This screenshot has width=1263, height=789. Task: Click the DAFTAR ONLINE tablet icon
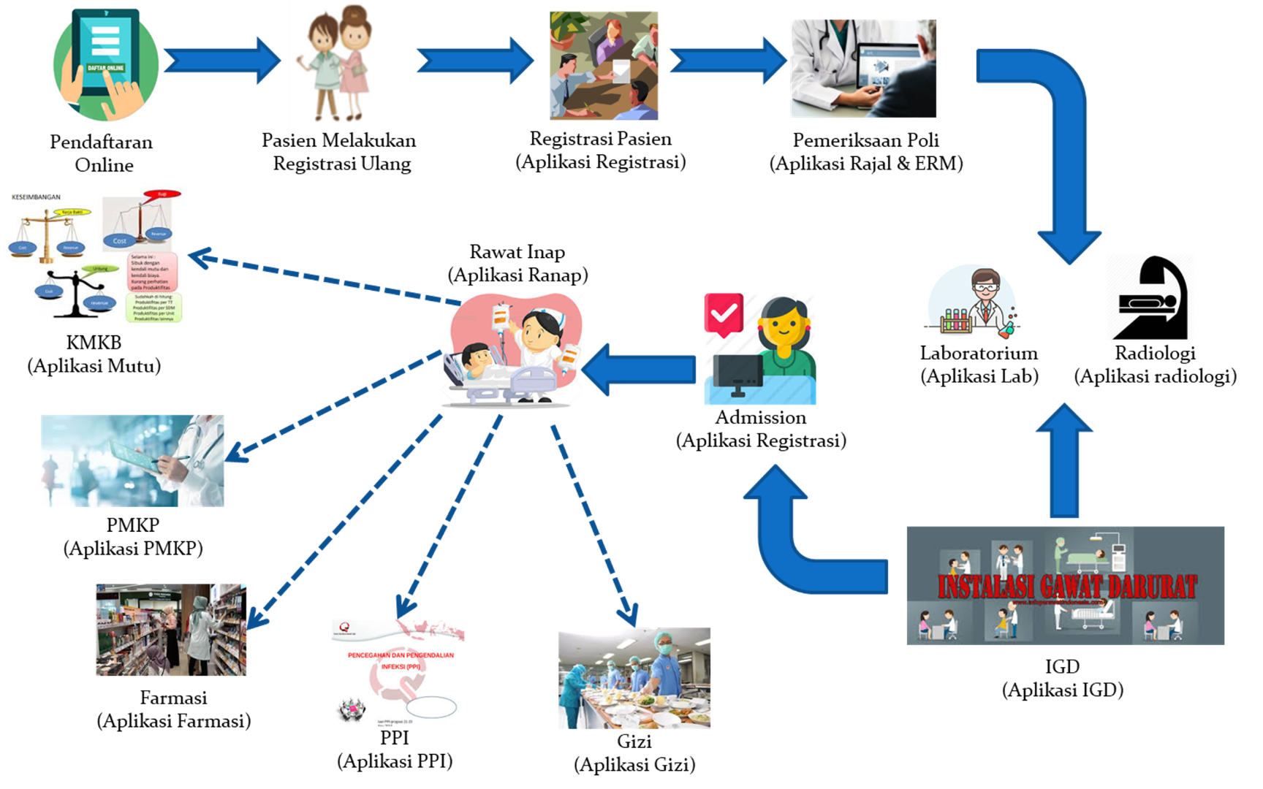(107, 65)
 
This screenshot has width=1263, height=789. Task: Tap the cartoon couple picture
(335, 66)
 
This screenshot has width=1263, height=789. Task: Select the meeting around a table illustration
(604, 66)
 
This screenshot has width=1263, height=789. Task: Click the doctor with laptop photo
(862, 69)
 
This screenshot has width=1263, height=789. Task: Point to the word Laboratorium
(973, 354)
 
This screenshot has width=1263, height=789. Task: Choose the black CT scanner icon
(1149, 297)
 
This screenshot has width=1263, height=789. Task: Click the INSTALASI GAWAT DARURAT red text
(1066, 587)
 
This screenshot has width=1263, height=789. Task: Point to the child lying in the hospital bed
(479, 358)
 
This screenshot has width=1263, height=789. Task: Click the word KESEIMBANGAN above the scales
(37, 197)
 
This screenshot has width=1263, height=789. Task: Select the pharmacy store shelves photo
(171, 630)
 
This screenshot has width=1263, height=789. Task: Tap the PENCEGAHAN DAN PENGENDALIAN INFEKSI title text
(401, 660)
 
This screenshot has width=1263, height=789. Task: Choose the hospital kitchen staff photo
(634, 678)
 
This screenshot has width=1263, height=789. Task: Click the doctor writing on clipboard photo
(132, 461)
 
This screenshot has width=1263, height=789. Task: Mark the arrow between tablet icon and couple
(223, 60)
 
